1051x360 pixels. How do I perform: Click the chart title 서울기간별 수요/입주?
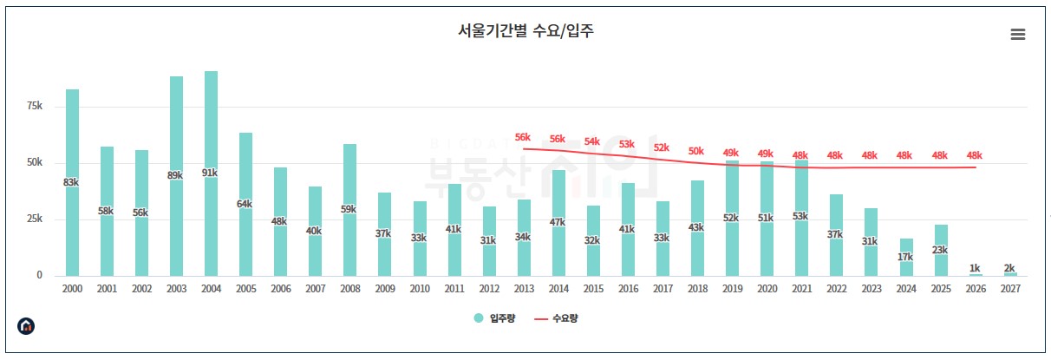(525, 31)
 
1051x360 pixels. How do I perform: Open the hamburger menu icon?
(1018, 34)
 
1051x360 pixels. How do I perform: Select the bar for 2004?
(211, 173)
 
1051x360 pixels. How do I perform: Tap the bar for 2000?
(72, 182)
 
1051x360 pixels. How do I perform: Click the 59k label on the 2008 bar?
(349, 208)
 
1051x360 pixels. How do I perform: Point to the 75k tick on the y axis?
(35, 106)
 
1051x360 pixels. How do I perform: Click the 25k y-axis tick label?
(35, 219)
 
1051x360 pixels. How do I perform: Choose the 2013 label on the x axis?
(524, 289)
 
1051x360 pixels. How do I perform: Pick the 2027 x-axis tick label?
(1010, 289)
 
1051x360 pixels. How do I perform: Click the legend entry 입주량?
(496, 318)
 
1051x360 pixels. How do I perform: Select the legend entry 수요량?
(557, 318)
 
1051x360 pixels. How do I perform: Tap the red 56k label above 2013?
(523, 137)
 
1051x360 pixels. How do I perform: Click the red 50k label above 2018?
(696, 151)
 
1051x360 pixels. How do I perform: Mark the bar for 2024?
(905, 258)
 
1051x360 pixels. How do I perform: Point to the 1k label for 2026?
(976, 268)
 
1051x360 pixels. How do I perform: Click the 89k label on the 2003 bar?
(176, 175)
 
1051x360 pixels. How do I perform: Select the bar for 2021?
(801, 218)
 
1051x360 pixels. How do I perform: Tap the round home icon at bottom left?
(27, 326)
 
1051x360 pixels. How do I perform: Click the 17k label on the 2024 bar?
(905, 257)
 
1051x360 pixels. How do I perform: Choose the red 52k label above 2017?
(662, 147)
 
